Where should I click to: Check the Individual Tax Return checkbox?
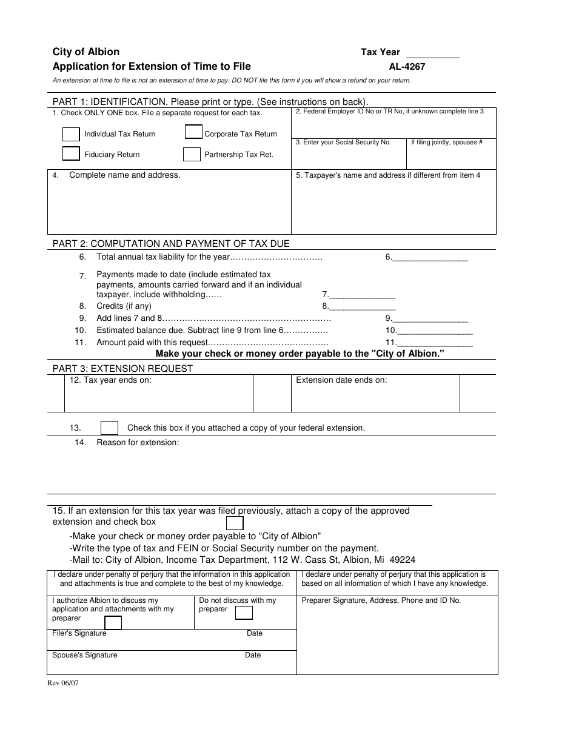tap(71, 134)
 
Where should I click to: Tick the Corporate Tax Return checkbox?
tap(193, 132)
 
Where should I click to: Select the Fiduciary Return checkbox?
tap(71, 154)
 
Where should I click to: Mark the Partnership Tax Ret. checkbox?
tap(192, 155)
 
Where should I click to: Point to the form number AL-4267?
tap(407, 67)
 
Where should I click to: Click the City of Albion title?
tap(86, 52)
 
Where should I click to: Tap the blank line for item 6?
tap(430, 257)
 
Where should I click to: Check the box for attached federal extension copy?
tap(109, 428)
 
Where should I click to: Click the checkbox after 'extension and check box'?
tap(235, 523)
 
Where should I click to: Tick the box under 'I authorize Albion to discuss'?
tap(113, 623)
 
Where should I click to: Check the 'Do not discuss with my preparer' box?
tap(244, 613)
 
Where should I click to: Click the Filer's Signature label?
tap(79, 633)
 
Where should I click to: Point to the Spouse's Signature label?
tap(85, 655)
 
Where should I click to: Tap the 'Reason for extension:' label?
tap(138, 443)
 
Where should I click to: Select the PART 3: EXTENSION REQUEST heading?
tap(122, 368)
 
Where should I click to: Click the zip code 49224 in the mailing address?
tap(403, 560)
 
